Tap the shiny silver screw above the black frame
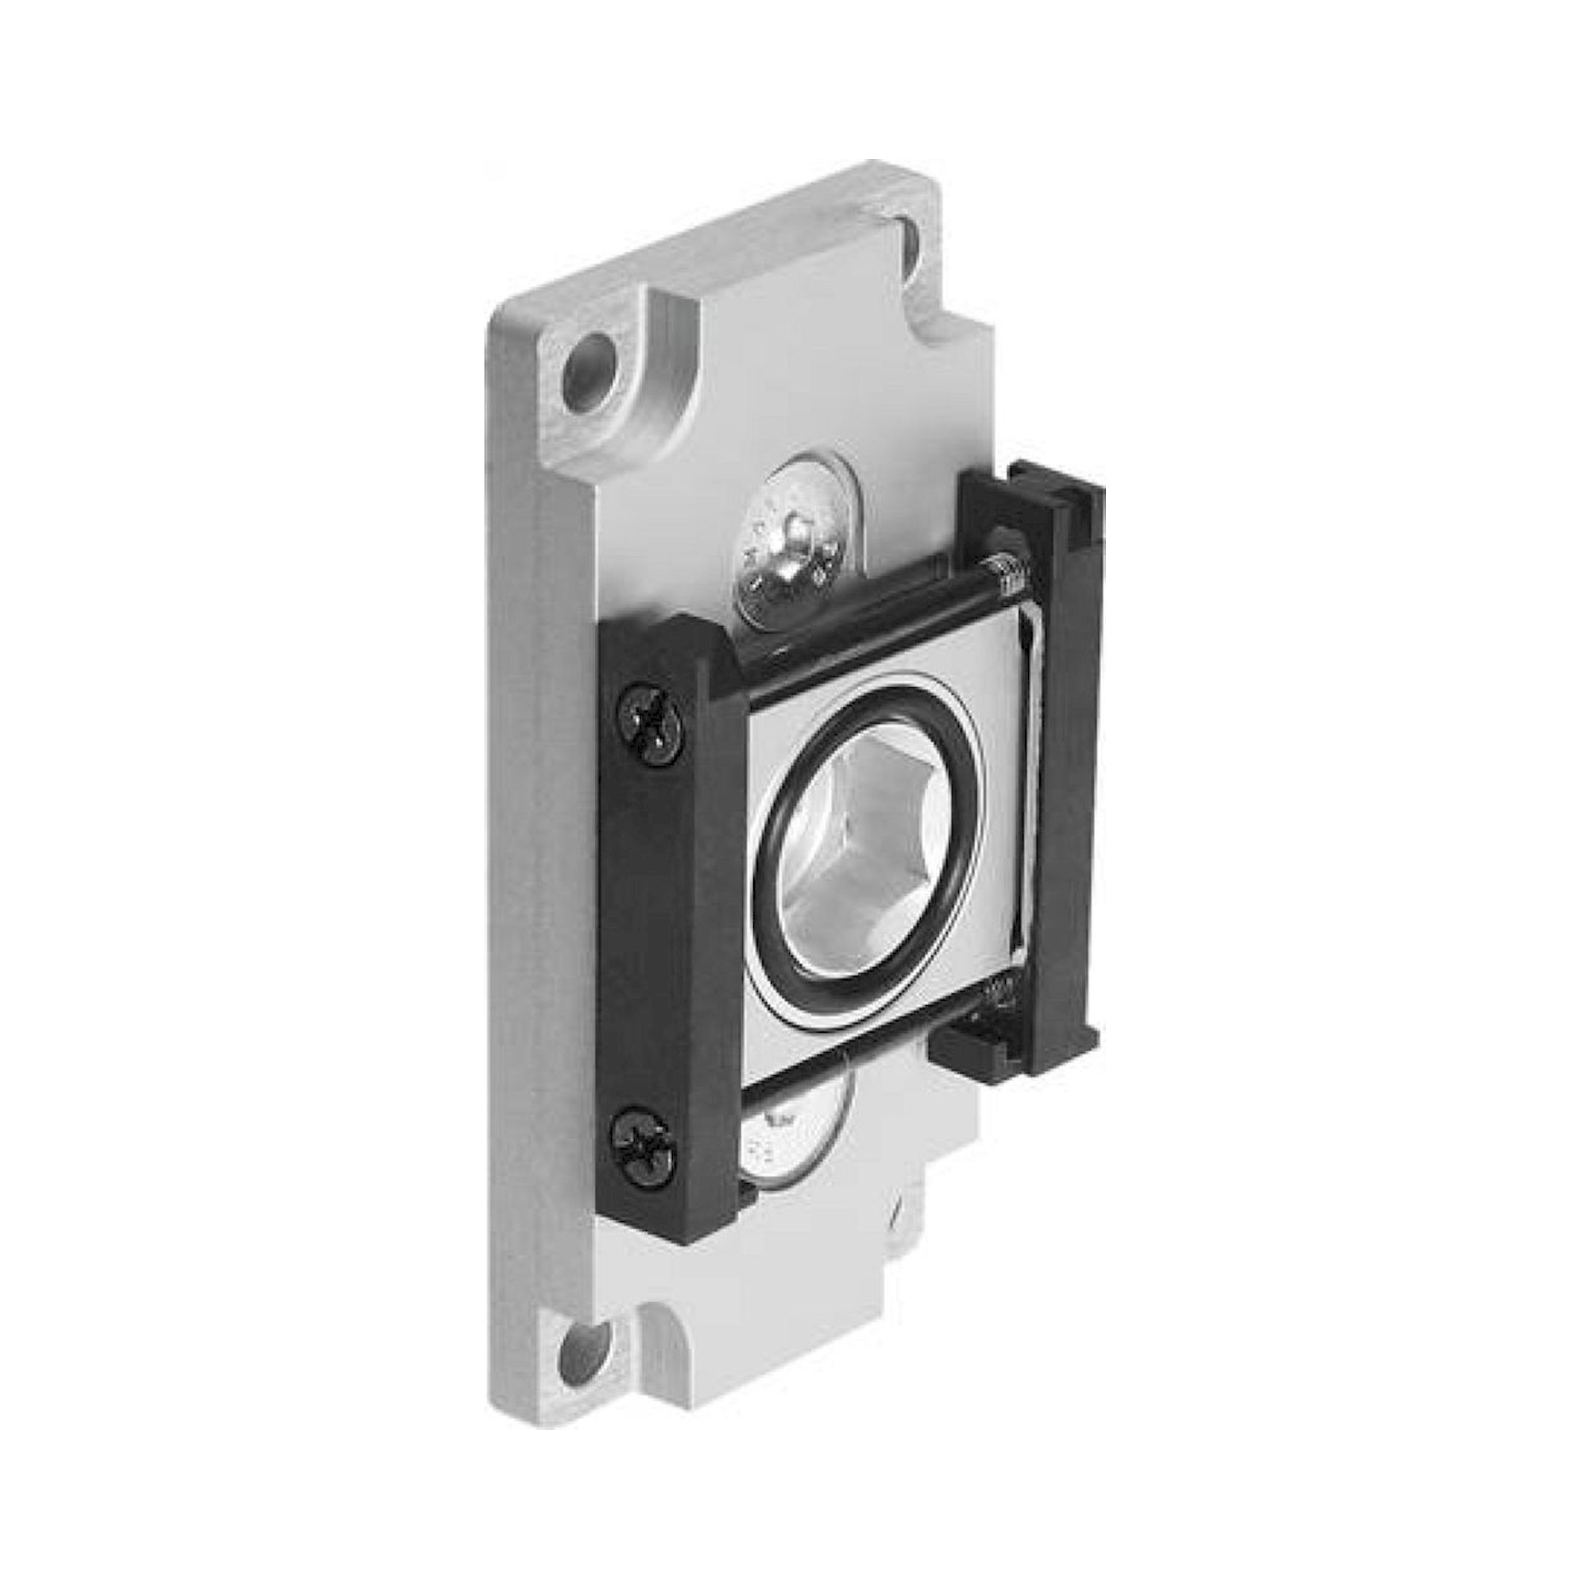coord(796,543)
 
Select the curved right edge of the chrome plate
coord(1031,822)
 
